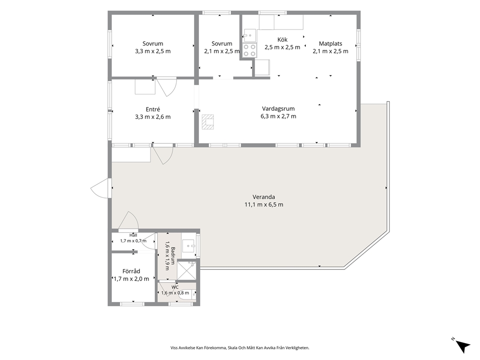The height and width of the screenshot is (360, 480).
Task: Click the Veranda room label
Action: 264,197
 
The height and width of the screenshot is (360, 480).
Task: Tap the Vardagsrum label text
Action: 278,109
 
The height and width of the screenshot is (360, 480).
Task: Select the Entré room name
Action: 153,109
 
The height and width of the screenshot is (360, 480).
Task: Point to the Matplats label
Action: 330,44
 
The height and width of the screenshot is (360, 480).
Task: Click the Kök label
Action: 282,40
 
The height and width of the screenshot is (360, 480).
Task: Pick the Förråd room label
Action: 131,271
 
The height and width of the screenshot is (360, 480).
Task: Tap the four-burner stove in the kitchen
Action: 249,50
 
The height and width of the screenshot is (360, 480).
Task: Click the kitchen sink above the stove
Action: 251,35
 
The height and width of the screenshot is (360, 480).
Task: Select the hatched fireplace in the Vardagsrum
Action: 208,122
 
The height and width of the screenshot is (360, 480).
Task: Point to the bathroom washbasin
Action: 189,245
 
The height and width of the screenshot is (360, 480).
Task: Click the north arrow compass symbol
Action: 462,345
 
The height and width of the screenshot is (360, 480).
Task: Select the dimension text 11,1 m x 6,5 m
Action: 264,205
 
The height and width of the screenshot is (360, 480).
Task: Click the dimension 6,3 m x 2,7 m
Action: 278,116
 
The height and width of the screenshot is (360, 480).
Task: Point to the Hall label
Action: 133,235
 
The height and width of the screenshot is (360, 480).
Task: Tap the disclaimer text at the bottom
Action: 240,348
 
